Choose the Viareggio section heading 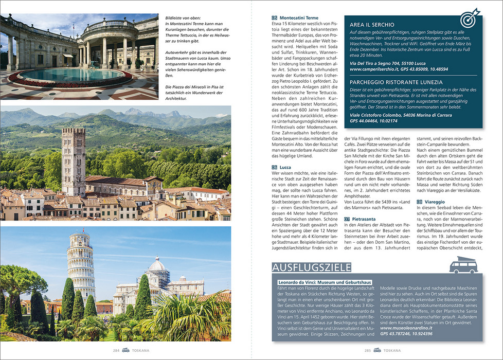tap(434, 202)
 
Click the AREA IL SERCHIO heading tap(372, 25)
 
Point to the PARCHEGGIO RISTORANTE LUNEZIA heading tap(396, 82)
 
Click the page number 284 tap(116, 350)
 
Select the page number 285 tap(367, 350)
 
